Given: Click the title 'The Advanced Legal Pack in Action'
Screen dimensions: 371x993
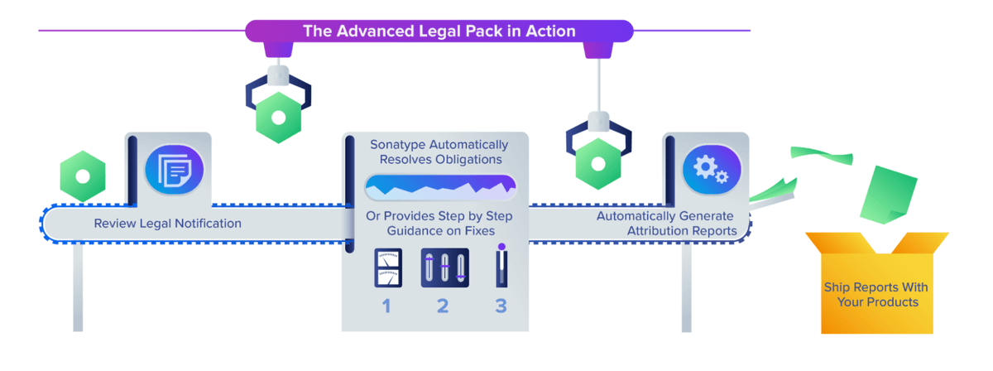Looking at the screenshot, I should click(x=439, y=31).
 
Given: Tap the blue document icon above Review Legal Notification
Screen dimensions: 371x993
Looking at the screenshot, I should click(x=175, y=171).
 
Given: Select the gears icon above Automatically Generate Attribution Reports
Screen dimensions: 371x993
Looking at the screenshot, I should click(x=710, y=171).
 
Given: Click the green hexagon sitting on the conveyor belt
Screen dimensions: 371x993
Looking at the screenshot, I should click(x=83, y=176).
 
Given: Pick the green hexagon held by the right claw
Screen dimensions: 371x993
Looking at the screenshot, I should click(x=598, y=161).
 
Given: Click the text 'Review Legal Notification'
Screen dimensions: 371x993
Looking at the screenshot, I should click(x=167, y=224).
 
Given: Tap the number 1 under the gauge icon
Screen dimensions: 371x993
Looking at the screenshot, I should click(x=386, y=306).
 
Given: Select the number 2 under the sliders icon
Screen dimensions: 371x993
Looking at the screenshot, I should click(x=443, y=306).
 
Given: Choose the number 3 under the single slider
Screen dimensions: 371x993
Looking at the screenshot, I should click(x=501, y=306).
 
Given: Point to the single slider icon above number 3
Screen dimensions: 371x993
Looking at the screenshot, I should click(x=501, y=265).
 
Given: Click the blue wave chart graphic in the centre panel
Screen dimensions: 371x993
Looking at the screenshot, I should click(x=440, y=187).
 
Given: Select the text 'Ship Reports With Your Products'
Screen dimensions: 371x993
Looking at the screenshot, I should click(x=875, y=295).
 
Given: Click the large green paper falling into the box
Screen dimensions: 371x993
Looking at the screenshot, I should click(x=885, y=193).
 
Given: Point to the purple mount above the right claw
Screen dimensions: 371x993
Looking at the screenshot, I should click(x=597, y=49).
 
